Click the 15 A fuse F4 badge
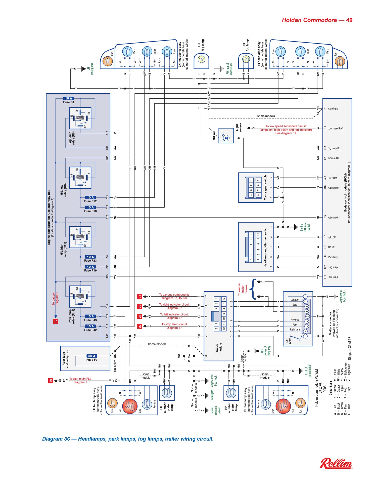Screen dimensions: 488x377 [x=68, y=98]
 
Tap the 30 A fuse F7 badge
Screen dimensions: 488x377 [x=92, y=356]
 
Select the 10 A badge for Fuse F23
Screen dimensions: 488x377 [x=90, y=257]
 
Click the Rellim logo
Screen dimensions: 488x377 [x=336, y=464]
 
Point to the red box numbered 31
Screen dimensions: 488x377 [x=140, y=297]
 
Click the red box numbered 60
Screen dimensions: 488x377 [x=51, y=381]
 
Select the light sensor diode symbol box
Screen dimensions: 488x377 [x=226, y=136]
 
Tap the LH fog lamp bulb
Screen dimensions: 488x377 [x=201, y=59]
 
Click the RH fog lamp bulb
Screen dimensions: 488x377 [x=246, y=59]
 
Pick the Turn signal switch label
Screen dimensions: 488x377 [x=265, y=188]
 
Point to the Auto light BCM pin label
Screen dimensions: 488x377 [x=333, y=109]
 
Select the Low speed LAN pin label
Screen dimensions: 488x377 [x=335, y=128]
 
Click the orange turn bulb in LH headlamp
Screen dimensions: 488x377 [x=108, y=61]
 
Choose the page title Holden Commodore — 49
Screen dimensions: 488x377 [x=317, y=20]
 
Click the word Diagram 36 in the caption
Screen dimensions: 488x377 [x=56, y=439]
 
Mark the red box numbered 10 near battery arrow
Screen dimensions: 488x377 [x=56, y=321]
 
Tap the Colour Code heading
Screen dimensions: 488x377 [x=331, y=388]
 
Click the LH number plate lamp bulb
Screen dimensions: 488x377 [x=167, y=393]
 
